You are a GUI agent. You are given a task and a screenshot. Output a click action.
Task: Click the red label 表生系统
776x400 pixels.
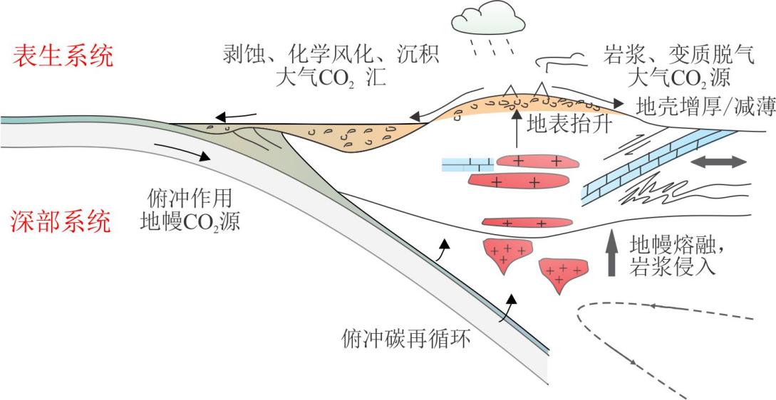[x=63, y=56]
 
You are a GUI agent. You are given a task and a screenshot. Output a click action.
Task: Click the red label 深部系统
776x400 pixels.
[x=61, y=223]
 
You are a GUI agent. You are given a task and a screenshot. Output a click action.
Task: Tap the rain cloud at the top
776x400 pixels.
[x=488, y=19]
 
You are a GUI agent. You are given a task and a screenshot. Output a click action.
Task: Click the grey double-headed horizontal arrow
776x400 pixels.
[x=718, y=162]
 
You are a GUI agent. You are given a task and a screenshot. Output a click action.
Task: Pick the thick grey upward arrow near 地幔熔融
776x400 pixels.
[x=611, y=253]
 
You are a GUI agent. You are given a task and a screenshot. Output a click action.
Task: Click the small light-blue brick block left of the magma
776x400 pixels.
[x=467, y=164]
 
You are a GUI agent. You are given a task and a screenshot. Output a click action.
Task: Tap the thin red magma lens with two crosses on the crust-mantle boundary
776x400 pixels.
[x=527, y=223]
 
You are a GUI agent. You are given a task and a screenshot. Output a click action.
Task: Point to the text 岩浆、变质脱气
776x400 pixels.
[x=679, y=56]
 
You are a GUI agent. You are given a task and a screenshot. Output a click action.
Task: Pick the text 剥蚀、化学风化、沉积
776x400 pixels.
[x=331, y=56]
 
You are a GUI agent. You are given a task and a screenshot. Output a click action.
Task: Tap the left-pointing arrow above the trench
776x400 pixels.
[x=237, y=117]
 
